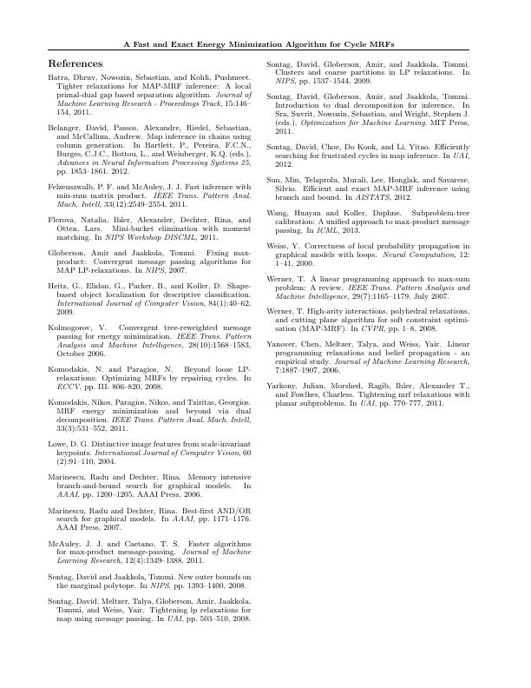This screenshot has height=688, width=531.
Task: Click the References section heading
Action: coord(75,64)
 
